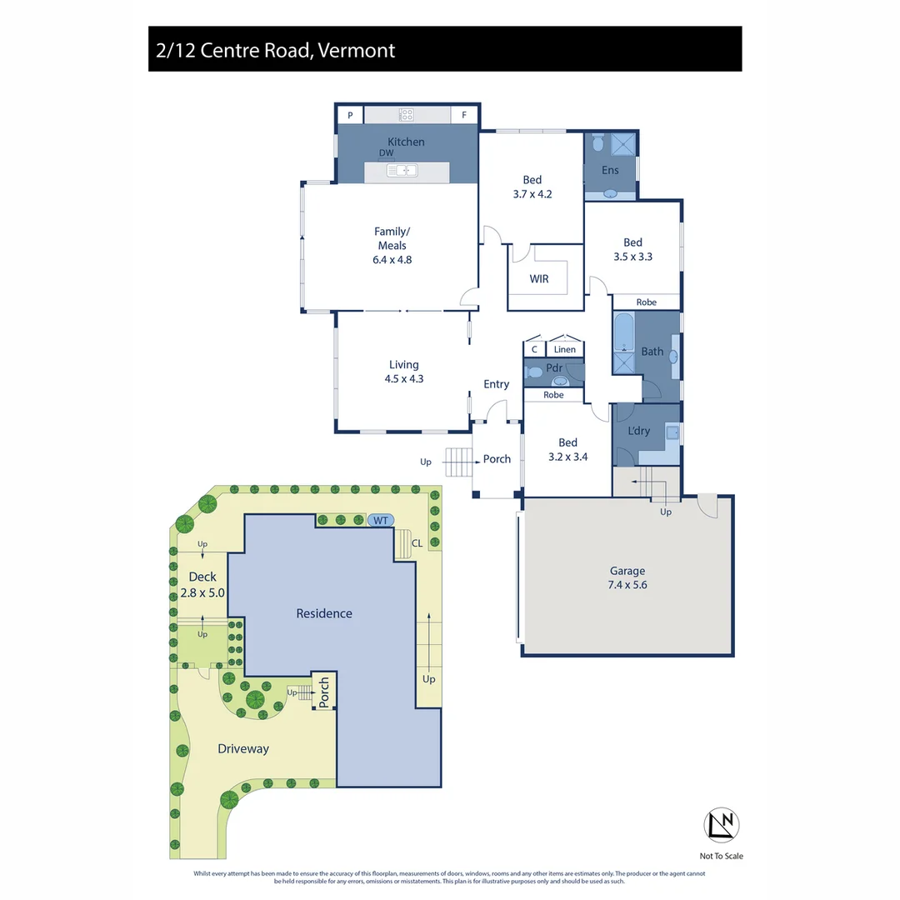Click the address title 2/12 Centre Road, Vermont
276,50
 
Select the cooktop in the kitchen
407,114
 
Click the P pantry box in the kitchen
350,115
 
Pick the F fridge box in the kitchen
464,115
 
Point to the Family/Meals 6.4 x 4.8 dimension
392,259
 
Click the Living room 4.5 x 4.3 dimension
404,378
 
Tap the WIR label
539,279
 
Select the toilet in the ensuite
597,144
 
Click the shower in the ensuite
623,144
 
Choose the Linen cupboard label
565,350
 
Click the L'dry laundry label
638,431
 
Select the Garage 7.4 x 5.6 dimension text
627,585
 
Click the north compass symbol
722,824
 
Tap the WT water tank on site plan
381,520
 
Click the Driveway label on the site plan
243,748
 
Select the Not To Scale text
722,856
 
